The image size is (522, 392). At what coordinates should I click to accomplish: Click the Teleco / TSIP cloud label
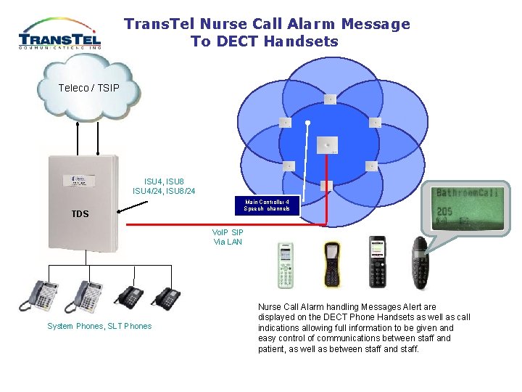tap(89, 88)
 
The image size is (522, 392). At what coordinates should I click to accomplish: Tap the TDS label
tap(80, 214)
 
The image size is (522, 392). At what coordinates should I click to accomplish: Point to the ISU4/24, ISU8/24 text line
tap(164, 191)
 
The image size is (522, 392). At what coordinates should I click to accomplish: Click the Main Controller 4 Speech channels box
tap(267, 205)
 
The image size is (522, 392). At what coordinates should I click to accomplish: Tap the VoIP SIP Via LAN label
tap(228, 237)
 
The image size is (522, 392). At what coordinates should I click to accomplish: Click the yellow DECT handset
tap(332, 264)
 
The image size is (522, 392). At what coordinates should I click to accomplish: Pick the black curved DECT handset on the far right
tap(420, 261)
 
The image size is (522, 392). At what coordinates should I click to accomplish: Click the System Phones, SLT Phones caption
tap(99, 326)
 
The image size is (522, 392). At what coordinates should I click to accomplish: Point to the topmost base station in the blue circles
tap(330, 99)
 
